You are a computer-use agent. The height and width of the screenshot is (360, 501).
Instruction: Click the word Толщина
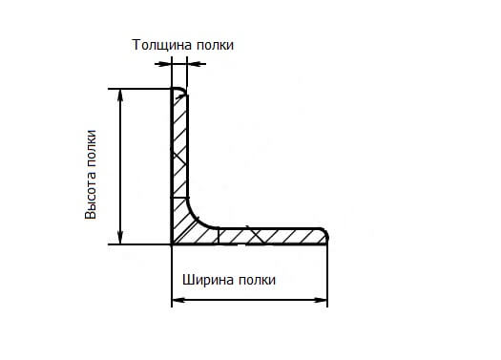pos(159,45)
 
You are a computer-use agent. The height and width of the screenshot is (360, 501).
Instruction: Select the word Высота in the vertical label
pos(92,197)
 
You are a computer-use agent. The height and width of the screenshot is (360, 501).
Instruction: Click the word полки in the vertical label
pos(92,147)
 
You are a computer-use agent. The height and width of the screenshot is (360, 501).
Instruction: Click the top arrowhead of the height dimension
pos(120,95)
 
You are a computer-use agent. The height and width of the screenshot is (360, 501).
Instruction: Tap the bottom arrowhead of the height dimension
pos(120,238)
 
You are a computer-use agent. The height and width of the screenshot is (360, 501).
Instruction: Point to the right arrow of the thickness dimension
pos(194,64)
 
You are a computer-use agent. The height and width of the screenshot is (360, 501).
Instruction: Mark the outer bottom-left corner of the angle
pos(173,244)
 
